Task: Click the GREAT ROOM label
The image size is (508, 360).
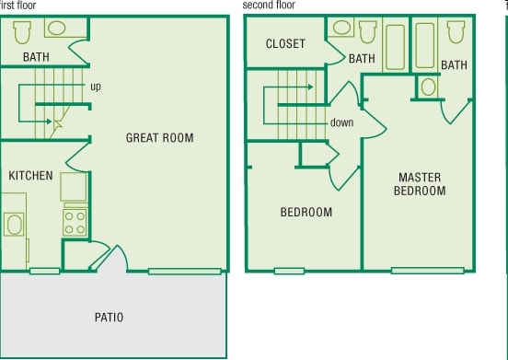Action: pos(159,138)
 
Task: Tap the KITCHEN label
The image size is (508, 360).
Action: pos(30,175)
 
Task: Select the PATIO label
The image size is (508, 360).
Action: pos(109,318)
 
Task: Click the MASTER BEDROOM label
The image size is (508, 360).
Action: pos(419,184)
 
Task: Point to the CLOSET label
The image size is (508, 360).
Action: pos(284,44)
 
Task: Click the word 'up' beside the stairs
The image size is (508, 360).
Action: pos(96,87)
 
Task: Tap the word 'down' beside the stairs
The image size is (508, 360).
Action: pos(342,122)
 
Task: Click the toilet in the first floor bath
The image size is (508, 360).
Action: pos(24,32)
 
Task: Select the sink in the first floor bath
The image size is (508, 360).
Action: pos(56,29)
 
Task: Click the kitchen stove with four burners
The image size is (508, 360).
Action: pos(74,221)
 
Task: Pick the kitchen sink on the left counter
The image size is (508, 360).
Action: pos(14,225)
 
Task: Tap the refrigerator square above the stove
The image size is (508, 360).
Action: pos(74,187)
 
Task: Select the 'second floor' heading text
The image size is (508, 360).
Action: pos(270,5)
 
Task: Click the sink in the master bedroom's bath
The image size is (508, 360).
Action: pos(428,87)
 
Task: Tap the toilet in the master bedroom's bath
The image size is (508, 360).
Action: pos(455,32)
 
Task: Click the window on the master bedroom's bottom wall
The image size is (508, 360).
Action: pos(414,271)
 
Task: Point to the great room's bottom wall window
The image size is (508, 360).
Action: pos(184,271)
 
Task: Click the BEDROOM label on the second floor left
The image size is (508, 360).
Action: pos(306,213)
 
